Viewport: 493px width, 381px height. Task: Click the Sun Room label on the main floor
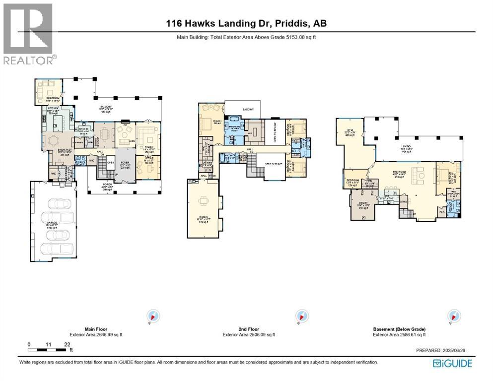tap(48, 99)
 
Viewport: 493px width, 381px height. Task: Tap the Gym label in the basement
tap(349, 131)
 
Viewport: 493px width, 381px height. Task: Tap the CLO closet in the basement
tap(442, 212)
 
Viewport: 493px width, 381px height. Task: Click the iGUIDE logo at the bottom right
tap(452, 364)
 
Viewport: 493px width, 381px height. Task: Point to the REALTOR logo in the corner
tap(29, 33)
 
